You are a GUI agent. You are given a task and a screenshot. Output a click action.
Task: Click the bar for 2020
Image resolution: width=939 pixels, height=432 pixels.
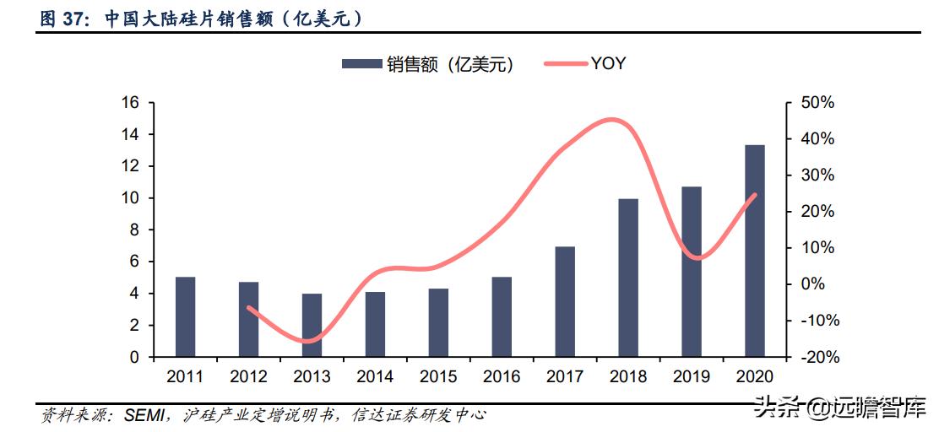pos(754,251)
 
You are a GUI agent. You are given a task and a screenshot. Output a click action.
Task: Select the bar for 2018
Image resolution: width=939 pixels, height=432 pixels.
pos(627,278)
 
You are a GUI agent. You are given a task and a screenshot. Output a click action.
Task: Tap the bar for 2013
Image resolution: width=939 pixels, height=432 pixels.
pos(312,325)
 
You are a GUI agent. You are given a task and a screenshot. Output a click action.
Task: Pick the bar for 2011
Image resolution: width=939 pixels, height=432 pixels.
pos(185,316)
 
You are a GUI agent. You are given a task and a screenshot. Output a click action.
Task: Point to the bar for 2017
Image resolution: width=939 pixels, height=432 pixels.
pos(564,301)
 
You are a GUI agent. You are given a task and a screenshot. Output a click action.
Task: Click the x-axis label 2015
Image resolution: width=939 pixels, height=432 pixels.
pos(438,376)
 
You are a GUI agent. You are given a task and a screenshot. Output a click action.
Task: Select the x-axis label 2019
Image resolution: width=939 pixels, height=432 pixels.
pos(692,376)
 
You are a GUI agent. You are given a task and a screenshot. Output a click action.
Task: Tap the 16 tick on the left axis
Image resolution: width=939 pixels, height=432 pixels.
pos(130,102)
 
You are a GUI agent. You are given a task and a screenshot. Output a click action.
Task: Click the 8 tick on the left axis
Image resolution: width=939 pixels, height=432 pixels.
pos(133,229)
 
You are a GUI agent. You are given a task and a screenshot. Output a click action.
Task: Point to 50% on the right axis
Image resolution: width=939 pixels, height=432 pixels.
pos(817,102)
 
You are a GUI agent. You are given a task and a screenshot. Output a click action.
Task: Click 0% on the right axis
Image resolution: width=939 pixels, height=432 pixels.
pos(812,284)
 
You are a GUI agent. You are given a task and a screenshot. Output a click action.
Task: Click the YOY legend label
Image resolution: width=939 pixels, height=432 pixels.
pos(608,63)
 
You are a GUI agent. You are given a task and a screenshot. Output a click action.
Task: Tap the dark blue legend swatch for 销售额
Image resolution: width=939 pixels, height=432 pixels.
pos(361,64)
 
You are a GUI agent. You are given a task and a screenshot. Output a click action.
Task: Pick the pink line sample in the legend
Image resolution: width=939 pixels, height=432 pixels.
pos(565,64)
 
